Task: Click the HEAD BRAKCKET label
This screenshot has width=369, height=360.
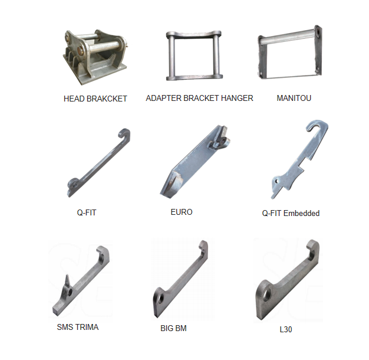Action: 95,99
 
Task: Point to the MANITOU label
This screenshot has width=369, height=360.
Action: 294,98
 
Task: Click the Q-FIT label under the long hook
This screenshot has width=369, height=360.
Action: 87,212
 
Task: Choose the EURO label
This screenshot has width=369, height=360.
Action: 181,212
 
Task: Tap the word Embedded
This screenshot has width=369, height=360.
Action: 301,213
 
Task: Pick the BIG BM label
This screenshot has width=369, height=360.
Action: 173,328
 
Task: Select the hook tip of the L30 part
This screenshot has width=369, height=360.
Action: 314,247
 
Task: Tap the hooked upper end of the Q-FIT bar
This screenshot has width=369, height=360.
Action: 124,133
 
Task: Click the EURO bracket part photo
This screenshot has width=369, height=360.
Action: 192,162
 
